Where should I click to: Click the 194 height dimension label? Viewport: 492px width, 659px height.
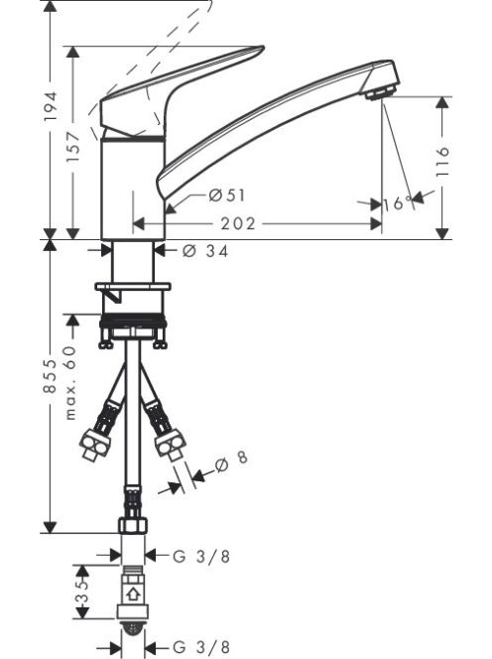coord(51,106)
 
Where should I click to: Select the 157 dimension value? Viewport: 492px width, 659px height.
coord(73,147)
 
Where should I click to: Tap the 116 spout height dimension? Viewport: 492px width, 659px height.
coord(442,162)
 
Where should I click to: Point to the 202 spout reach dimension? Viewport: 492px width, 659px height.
coord(238,223)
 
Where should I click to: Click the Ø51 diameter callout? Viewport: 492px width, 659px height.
coord(227,196)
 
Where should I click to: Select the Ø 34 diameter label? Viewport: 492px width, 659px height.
coord(206,251)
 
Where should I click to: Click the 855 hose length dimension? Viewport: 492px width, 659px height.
coord(51,376)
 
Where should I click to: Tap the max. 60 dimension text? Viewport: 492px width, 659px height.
coord(70,382)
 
